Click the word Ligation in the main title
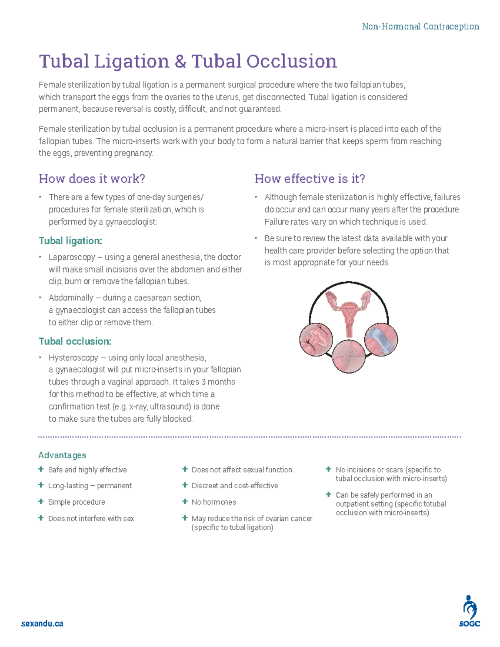pos(131,62)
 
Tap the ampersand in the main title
pos(180,62)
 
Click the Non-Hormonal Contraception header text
pos(420,27)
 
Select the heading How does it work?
pos(92,179)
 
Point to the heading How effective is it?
pos(310,179)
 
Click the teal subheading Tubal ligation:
pos(70,241)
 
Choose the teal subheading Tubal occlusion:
pos(75,341)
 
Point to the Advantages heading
pos(62,455)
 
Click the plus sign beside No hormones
pos(185,502)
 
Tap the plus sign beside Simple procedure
pos(41,502)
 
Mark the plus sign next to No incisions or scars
pos(329,470)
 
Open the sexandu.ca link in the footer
pos(42,624)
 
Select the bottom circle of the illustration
pos(349,356)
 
